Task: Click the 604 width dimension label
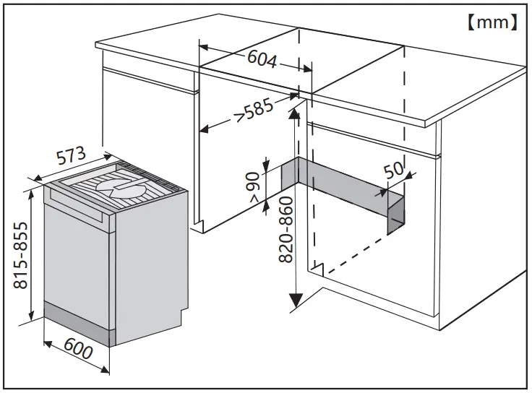(x=262, y=59)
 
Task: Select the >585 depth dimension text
(x=254, y=111)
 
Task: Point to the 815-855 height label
(x=22, y=254)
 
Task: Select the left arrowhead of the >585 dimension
(x=205, y=131)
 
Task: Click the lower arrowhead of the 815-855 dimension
(x=31, y=318)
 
